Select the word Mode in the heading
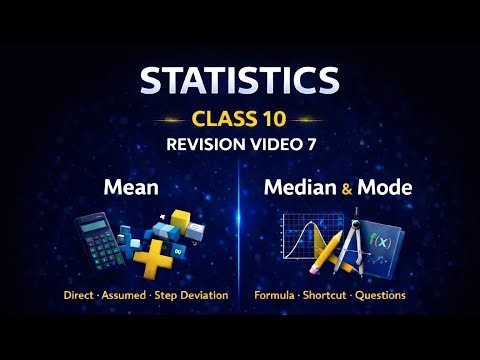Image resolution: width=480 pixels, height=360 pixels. [384, 186]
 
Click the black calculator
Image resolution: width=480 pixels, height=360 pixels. [101, 240]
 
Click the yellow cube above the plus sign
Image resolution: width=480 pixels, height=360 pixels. [180, 218]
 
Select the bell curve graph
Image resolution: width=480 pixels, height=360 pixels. [296, 240]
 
